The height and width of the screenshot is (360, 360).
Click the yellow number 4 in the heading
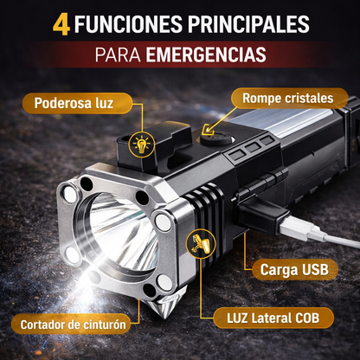(x=61, y=23)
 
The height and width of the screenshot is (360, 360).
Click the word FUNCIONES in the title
(x=129, y=23)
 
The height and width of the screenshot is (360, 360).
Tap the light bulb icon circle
(x=141, y=145)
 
